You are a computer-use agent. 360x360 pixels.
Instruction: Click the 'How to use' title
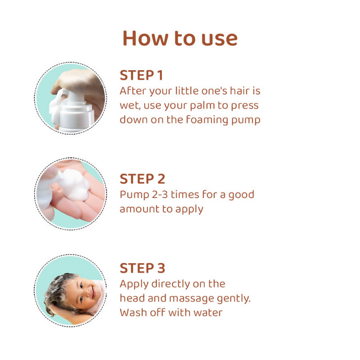(x=180, y=38)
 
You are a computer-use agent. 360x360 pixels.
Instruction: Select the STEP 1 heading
(x=141, y=75)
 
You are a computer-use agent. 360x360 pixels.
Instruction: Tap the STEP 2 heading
(x=142, y=179)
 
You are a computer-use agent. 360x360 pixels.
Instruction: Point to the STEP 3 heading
(x=142, y=268)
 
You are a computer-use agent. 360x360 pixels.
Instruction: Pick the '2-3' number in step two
(x=163, y=194)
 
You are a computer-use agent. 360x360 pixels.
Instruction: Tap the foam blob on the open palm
(x=73, y=182)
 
